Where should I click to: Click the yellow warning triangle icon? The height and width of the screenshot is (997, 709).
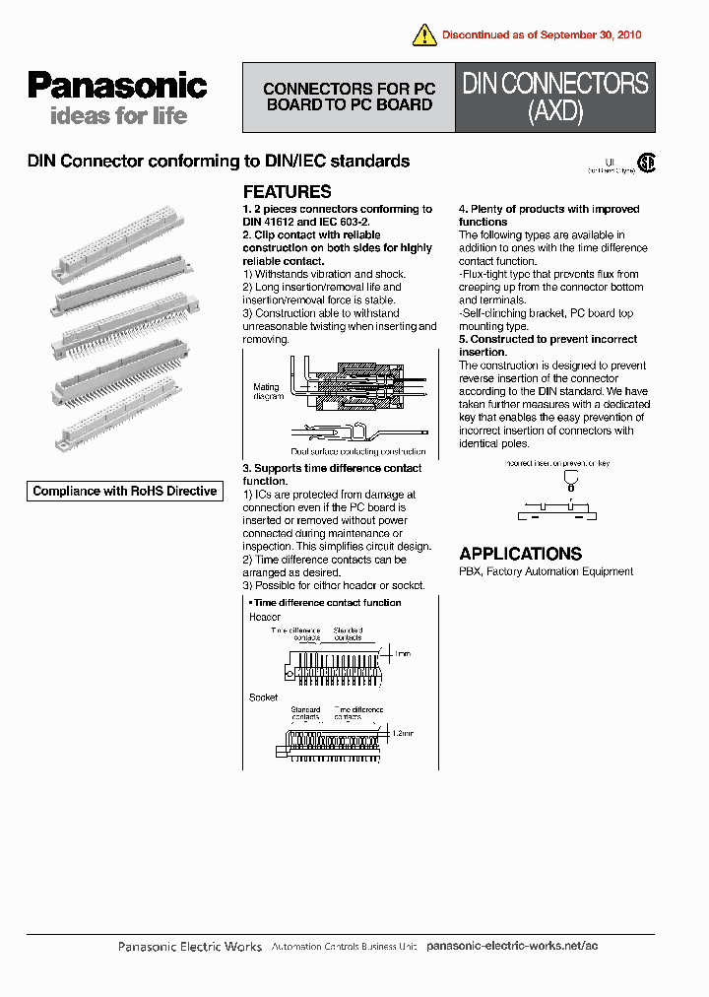click(x=424, y=35)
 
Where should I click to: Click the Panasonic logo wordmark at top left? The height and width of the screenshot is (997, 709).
click(x=117, y=87)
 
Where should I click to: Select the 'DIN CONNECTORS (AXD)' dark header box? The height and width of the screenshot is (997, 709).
click(x=555, y=98)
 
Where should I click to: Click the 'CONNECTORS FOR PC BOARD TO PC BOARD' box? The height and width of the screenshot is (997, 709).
click(x=349, y=98)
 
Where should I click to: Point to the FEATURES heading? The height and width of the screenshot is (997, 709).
click(x=287, y=192)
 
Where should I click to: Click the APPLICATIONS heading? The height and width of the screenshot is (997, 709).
click(x=520, y=554)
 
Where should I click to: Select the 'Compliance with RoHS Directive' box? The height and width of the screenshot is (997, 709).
click(x=125, y=491)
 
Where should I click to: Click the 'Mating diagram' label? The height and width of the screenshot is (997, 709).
click(x=267, y=391)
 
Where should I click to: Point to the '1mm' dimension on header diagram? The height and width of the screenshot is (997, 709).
click(x=402, y=653)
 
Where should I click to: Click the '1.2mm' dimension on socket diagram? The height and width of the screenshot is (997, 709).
click(x=403, y=734)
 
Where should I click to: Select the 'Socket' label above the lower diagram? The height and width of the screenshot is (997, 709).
click(x=263, y=697)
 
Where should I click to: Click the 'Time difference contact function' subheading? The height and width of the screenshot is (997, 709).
click(x=326, y=602)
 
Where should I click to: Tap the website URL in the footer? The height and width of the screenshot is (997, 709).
click(x=512, y=946)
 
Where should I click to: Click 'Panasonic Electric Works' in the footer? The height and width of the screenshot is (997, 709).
click(x=190, y=947)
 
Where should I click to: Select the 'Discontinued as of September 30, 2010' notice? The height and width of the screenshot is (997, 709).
click(x=541, y=34)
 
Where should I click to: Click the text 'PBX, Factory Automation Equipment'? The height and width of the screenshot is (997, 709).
click(x=546, y=571)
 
